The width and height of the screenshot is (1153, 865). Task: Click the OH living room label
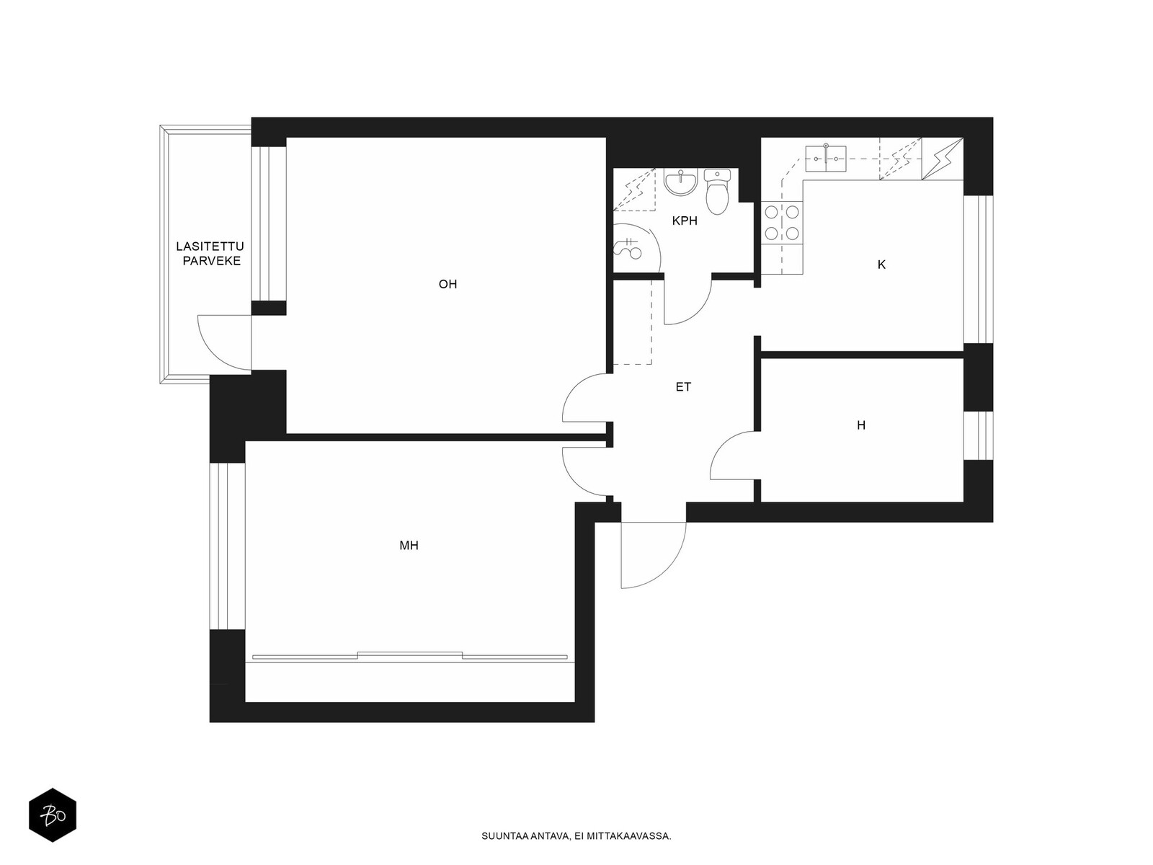coord(448,284)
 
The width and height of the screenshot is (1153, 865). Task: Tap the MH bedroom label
coord(409,546)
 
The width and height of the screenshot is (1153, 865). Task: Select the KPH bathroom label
coord(685,221)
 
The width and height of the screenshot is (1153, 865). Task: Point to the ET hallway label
coord(683,387)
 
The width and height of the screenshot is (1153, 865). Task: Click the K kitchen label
coord(881,265)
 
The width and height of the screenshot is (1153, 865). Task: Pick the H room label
coord(861,425)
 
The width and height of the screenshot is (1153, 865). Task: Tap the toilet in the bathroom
coord(717,191)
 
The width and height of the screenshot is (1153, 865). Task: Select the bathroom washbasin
coord(681,182)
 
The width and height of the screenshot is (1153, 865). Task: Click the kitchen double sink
coord(826,159)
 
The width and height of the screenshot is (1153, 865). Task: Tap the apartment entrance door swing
coord(653,554)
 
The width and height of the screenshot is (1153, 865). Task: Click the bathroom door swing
coord(688,299)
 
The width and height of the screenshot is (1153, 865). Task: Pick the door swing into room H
coord(734,456)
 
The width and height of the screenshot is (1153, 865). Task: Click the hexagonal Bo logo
coord(53,815)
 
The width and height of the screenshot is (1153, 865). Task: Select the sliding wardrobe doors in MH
coord(410,655)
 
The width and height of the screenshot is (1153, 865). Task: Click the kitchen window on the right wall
coord(978,270)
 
